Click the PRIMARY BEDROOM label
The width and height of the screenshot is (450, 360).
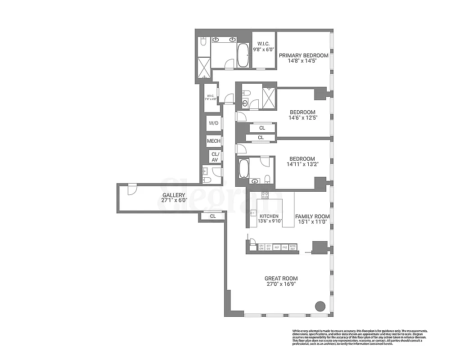(303, 56)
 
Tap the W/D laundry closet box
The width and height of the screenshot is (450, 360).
(213, 123)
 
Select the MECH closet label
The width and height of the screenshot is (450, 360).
(213, 141)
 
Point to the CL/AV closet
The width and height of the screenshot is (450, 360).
(215, 157)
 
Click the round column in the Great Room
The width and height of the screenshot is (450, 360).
(319, 306)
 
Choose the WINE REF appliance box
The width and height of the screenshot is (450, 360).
(293, 247)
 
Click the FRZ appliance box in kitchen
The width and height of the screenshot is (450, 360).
(285, 247)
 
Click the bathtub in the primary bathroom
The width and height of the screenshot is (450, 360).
(243, 55)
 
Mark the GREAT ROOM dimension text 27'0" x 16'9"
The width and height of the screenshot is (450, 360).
(281, 284)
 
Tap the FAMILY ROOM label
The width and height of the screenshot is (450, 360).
(312, 216)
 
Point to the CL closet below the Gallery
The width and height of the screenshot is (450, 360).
(212, 216)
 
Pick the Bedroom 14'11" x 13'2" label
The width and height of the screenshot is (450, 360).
(302, 162)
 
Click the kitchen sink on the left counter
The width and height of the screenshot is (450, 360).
(253, 213)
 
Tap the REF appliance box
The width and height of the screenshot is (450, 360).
(277, 247)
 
